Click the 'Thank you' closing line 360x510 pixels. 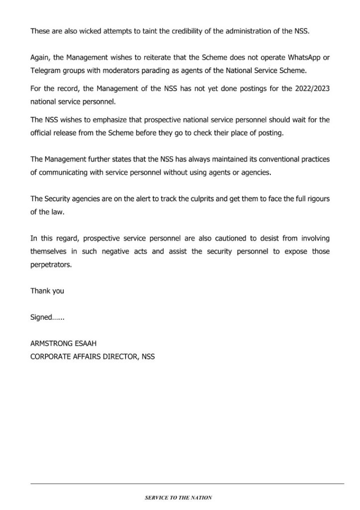click(x=47, y=291)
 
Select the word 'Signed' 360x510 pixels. click(x=41, y=317)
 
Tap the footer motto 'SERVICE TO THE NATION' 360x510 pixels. click(x=178, y=498)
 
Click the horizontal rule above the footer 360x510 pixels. click(x=187, y=484)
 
